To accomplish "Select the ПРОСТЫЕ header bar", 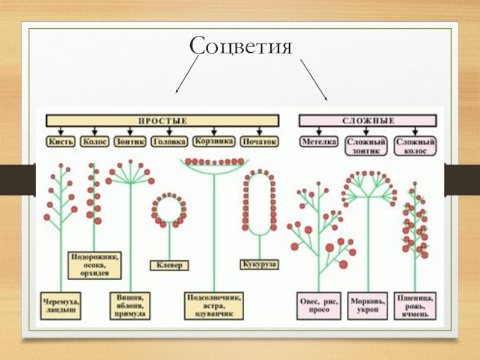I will [x=163, y=121].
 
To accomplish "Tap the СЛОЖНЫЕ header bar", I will [x=368, y=121].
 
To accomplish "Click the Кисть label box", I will [x=60, y=142].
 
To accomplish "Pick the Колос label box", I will [x=95, y=142].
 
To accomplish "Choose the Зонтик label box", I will [x=130, y=142].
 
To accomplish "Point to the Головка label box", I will [x=169, y=142].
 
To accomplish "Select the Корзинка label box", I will [x=214, y=142].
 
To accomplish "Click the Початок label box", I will [x=259, y=142].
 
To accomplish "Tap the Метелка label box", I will [x=319, y=142].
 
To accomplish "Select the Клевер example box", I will [x=169, y=265].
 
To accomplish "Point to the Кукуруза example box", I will [x=259, y=264].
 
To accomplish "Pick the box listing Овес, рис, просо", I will [x=319, y=305].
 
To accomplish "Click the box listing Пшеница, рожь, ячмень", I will [x=416, y=305].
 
